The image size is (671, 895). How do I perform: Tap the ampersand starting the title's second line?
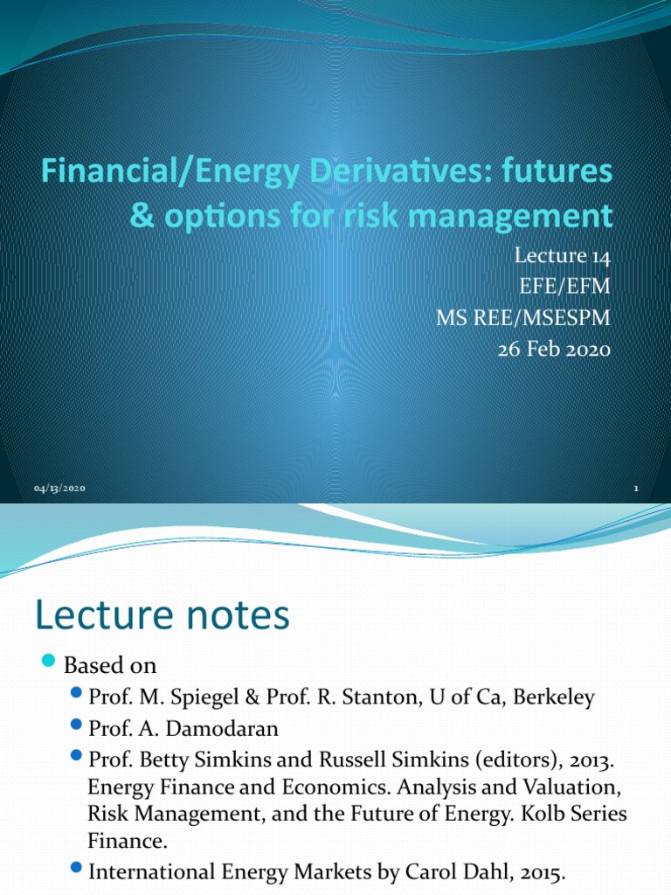pyautogui.click(x=141, y=215)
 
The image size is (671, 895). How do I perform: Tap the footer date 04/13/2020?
pyautogui.click(x=60, y=488)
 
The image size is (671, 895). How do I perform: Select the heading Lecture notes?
pyautogui.click(x=162, y=616)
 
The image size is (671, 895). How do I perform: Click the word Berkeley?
pyautogui.click(x=555, y=697)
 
